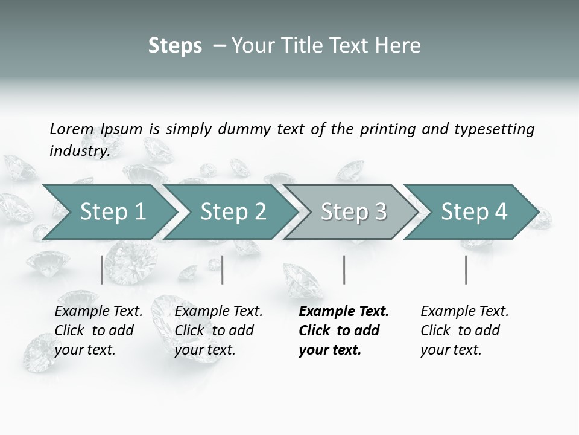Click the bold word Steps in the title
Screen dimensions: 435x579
(175, 45)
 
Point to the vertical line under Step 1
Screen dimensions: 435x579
(102, 269)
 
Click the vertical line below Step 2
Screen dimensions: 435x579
(223, 269)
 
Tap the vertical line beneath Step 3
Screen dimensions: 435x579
(344, 269)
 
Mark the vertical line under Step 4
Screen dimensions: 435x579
(466, 269)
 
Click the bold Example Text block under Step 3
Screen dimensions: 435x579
(343, 330)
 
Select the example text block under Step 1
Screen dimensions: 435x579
(98, 330)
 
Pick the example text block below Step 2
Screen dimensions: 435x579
(218, 330)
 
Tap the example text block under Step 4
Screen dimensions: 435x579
(464, 330)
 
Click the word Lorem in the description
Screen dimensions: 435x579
(72, 129)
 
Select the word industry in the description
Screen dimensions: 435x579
(79, 150)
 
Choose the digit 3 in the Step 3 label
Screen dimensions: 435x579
(380, 212)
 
